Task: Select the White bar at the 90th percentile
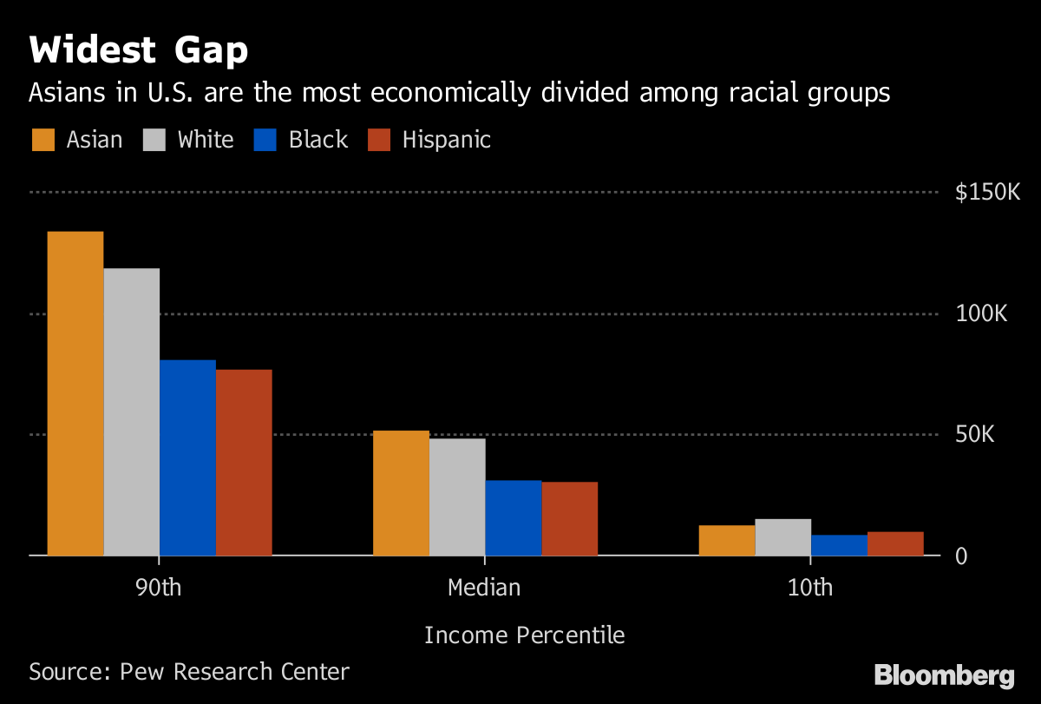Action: pyautogui.click(x=132, y=411)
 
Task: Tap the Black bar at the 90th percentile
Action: pyautogui.click(x=188, y=457)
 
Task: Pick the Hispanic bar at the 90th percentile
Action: pyautogui.click(x=244, y=463)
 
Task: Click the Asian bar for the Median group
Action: pyautogui.click(x=401, y=493)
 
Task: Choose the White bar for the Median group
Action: pyautogui.click(x=457, y=497)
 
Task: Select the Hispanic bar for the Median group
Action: pyautogui.click(x=570, y=518)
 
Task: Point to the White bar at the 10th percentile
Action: pyautogui.click(x=783, y=537)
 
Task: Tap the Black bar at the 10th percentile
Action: pyautogui.click(x=840, y=545)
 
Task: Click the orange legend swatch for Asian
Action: pyautogui.click(x=43, y=140)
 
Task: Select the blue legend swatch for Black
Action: pyautogui.click(x=266, y=140)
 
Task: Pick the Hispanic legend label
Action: pyautogui.click(x=446, y=140)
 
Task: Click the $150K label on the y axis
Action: pyautogui.click(x=988, y=193)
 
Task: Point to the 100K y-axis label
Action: pyautogui.click(x=981, y=313)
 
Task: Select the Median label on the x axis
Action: pyautogui.click(x=484, y=588)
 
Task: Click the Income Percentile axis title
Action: pyautogui.click(x=524, y=635)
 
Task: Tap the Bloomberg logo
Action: pyautogui.click(x=944, y=675)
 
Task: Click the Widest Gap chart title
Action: pyautogui.click(x=139, y=51)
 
